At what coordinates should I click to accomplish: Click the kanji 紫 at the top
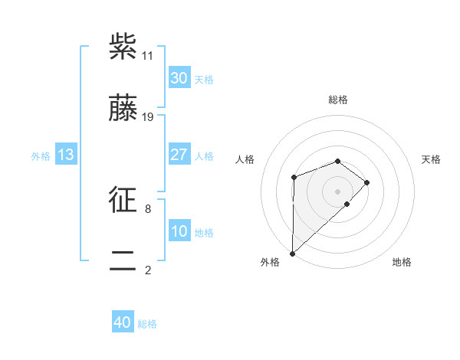(x=123, y=47)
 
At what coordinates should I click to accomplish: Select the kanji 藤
(x=123, y=109)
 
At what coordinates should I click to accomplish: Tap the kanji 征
(x=123, y=200)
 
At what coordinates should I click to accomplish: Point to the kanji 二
(x=123, y=261)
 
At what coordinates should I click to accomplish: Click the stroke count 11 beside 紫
(x=148, y=56)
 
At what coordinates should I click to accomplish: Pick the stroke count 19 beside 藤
(x=148, y=117)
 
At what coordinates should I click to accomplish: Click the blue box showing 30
(x=179, y=78)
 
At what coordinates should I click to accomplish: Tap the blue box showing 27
(x=179, y=155)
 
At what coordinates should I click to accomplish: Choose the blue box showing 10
(x=179, y=231)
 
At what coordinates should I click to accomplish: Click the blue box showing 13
(x=65, y=155)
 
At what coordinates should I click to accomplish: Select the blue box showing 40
(x=123, y=322)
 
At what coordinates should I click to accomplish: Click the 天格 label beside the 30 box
(x=204, y=80)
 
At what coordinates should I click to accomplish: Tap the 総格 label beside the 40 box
(x=147, y=324)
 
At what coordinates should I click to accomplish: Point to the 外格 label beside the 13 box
(x=41, y=156)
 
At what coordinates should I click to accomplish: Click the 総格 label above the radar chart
(x=338, y=100)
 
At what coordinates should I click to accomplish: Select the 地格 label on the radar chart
(x=402, y=262)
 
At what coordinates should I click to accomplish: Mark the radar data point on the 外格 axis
(x=292, y=253)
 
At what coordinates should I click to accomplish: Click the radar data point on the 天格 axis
(x=368, y=182)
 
